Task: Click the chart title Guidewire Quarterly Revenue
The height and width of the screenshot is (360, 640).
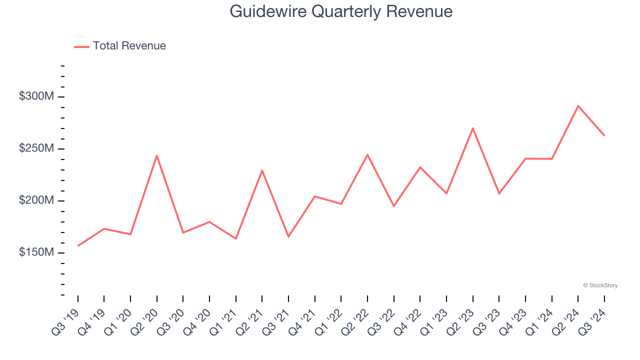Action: pyautogui.click(x=341, y=11)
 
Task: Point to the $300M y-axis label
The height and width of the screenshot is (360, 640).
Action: pyautogui.click(x=36, y=96)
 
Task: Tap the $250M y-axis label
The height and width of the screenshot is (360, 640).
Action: pyautogui.click(x=36, y=148)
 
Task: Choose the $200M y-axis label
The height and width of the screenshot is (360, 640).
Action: pyautogui.click(x=36, y=200)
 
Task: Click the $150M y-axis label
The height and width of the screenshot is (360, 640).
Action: pyautogui.click(x=36, y=252)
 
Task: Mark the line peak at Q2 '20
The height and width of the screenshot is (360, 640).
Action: pyautogui.click(x=157, y=155)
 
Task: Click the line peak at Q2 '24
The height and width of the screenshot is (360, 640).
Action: pyautogui.click(x=578, y=106)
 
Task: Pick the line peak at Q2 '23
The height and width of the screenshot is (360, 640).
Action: pyautogui.click(x=472, y=128)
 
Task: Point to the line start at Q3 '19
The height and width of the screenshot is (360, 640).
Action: pyautogui.click(x=78, y=245)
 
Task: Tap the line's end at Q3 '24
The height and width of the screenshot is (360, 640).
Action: pyautogui.click(x=604, y=135)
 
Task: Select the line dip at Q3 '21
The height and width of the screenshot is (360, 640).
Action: pyautogui.click(x=288, y=236)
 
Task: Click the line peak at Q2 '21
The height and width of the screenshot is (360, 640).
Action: pyautogui.click(x=262, y=170)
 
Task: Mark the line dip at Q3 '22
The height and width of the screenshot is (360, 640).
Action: pyautogui.click(x=393, y=206)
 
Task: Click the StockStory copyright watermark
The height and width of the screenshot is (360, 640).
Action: pyautogui.click(x=600, y=285)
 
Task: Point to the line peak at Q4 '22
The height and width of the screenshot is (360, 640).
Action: pyautogui.click(x=420, y=167)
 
